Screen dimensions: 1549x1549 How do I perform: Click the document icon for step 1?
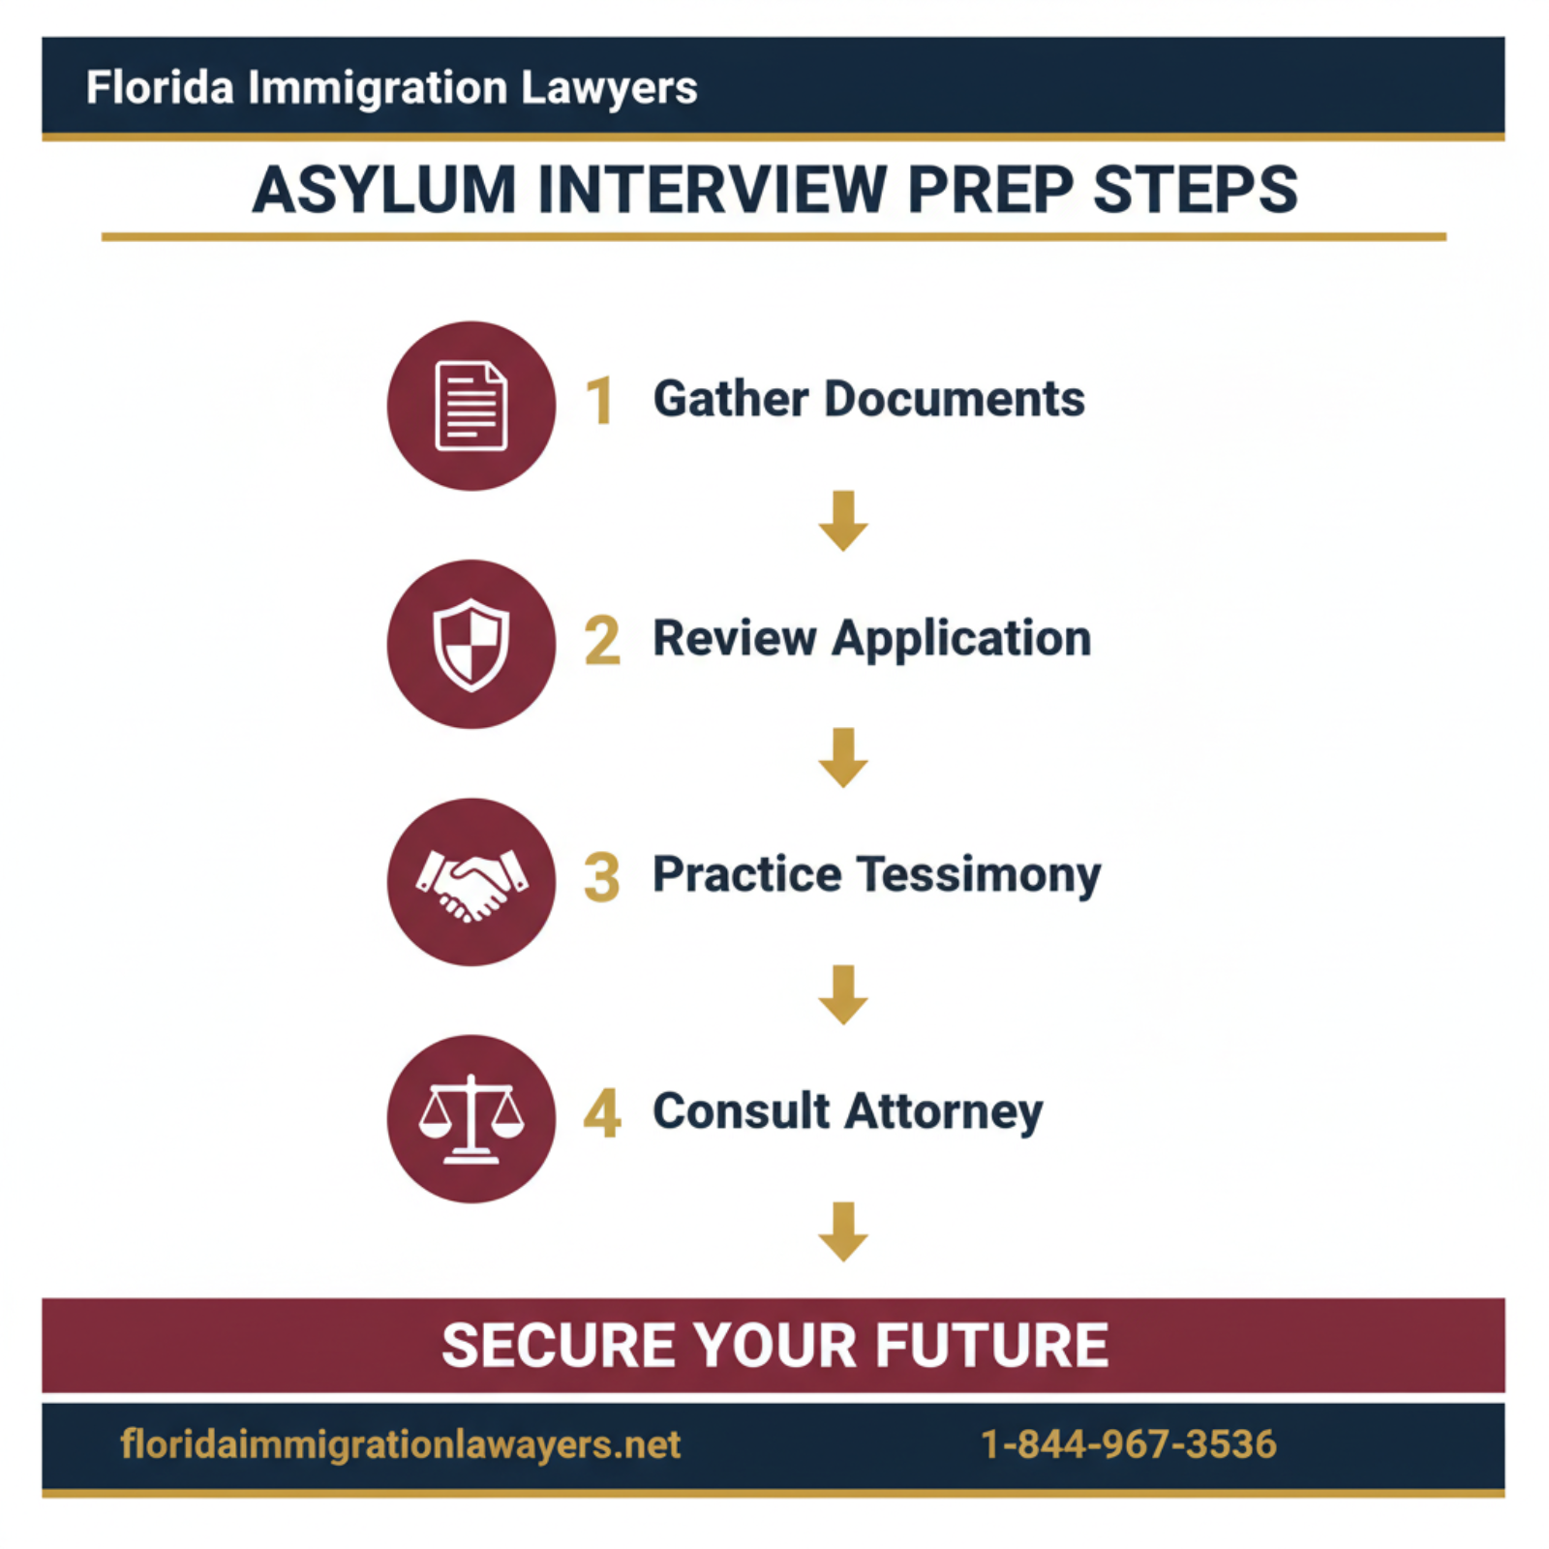tap(471, 406)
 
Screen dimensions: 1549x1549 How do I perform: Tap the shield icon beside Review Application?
tap(471, 644)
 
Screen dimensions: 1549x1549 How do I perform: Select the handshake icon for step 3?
tap(471, 882)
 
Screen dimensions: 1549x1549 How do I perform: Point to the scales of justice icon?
tap(471, 1119)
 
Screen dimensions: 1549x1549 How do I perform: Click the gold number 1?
tap(600, 401)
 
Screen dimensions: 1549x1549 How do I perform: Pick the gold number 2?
tap(601, 640)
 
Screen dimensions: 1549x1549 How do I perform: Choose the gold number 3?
tap(601, 877)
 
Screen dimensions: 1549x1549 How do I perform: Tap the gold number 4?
tap(601, 1113)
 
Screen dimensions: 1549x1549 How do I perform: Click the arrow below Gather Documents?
tap(843, 521)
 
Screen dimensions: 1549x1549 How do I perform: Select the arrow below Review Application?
tap(843, 758)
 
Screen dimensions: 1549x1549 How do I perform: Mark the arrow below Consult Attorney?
tap(843, 1231)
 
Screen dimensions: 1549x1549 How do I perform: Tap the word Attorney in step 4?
tap(944, 1111)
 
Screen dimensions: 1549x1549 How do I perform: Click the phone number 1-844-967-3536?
tap(1129, 1444)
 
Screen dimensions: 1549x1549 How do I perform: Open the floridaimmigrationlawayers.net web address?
tap(400, 1444)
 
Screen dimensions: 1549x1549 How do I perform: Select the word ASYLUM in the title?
tap(384, 190)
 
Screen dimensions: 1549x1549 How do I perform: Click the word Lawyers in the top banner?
tap(609, 88)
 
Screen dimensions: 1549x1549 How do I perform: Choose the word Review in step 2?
tap(735, 639)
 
